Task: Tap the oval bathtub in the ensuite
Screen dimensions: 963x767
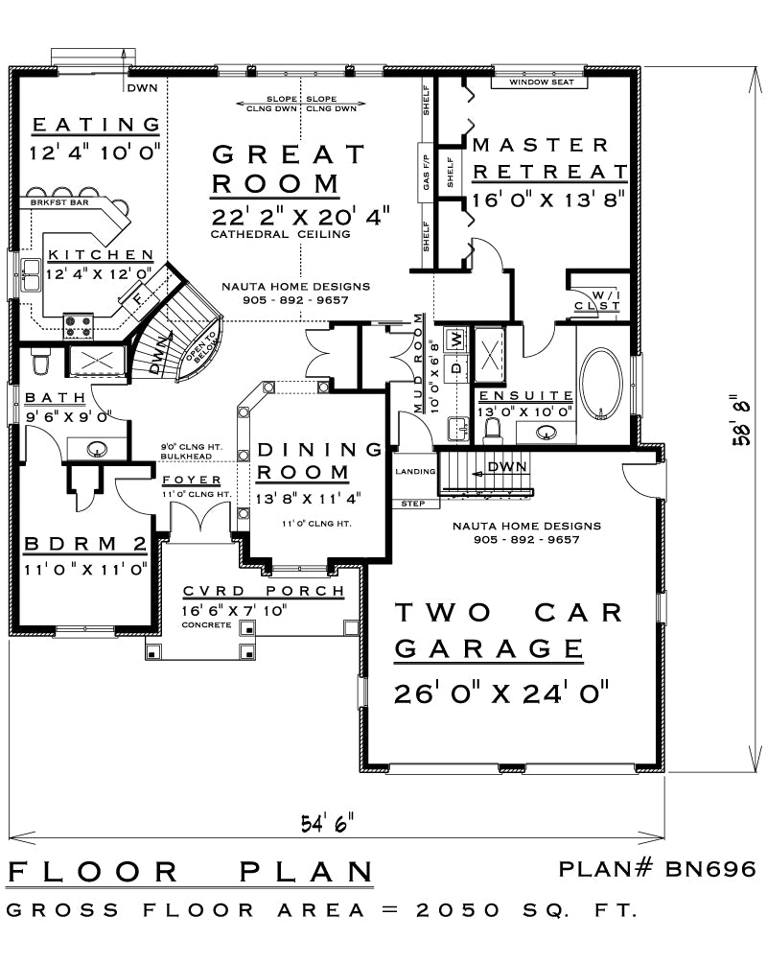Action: tap(601, 383)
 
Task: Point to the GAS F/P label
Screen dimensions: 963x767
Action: tap(425, 173)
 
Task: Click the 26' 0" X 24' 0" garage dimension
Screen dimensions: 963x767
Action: tap(501, 693)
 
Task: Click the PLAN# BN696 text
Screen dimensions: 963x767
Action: tap(658, 869)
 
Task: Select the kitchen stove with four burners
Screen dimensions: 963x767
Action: tap(79, 326)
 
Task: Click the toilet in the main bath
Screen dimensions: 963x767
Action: tap(40, 363)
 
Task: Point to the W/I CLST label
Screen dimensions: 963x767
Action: tap(597, 300)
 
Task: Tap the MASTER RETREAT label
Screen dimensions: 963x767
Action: tap(548, 158)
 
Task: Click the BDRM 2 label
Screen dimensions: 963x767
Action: tap(84, 545)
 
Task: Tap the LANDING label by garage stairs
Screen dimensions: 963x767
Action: tap(414, 472)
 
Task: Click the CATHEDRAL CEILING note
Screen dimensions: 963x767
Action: tap(280, 234)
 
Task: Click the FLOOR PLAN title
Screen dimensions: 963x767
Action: tap(190, 872)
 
